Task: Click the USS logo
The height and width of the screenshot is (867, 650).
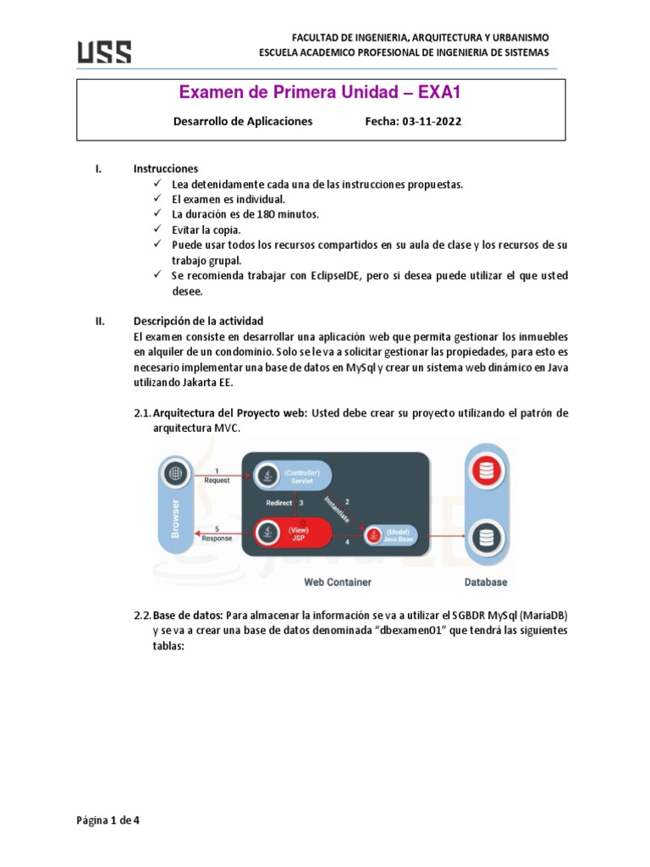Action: pyautogui.click(x=105, y=52)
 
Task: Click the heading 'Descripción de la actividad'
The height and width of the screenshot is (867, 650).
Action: pyautogui.click(x=199, y=321)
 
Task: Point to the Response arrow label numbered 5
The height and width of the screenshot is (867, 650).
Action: pyautogui.click(x=217, y=533)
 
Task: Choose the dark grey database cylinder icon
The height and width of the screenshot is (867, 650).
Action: pyautogui.click(x=485, y=537)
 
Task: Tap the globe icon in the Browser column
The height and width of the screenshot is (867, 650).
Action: pyautogui.click(x=175, y=473)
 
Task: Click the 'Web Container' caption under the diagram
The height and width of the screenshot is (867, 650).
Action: pyautogui.click(x=337, y=583)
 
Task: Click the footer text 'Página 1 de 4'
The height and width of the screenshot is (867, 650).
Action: pyautogui.click(x=107, y=820)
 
